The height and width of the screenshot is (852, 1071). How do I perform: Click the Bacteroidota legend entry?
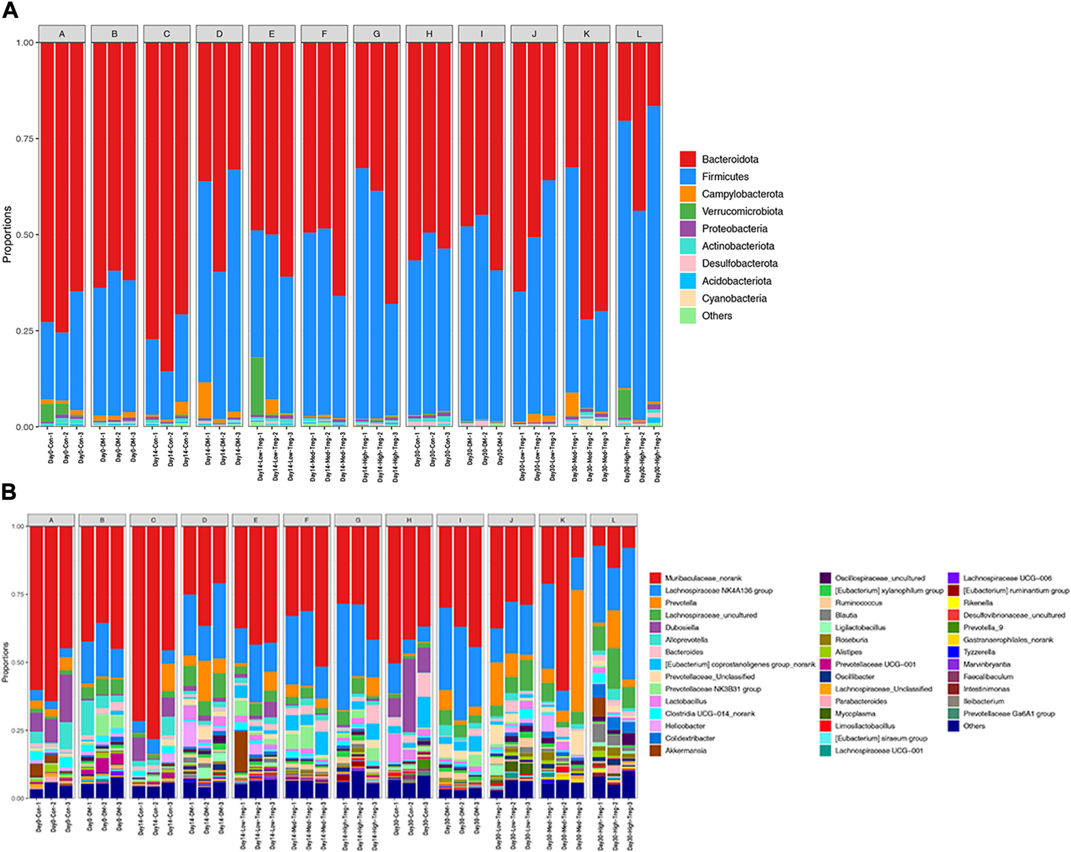730,160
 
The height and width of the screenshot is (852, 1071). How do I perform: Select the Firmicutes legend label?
725,177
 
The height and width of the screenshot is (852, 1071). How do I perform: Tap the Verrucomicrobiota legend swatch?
688,211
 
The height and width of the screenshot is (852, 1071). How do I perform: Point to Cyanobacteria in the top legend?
734,299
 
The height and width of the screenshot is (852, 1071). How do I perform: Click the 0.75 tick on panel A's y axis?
25,139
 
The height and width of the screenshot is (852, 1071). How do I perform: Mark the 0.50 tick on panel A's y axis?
25,235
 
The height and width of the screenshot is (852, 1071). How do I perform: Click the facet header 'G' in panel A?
377,34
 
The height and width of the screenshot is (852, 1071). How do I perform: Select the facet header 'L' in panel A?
639,34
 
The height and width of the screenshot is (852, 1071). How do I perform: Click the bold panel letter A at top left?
10,10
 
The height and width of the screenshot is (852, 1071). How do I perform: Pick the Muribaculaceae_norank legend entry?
703,578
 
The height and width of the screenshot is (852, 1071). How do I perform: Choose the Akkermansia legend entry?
685,751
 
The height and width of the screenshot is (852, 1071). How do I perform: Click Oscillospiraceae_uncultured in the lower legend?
879,578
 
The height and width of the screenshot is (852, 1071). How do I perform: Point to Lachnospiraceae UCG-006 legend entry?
1007,578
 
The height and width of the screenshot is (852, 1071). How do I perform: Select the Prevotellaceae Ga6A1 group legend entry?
1009,714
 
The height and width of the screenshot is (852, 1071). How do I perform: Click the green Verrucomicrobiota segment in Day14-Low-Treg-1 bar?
257,386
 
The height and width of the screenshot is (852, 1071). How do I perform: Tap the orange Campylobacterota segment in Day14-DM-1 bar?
205,399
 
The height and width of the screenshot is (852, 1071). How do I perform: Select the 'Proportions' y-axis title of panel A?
7,234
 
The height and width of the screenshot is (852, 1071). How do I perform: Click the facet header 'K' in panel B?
563,520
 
